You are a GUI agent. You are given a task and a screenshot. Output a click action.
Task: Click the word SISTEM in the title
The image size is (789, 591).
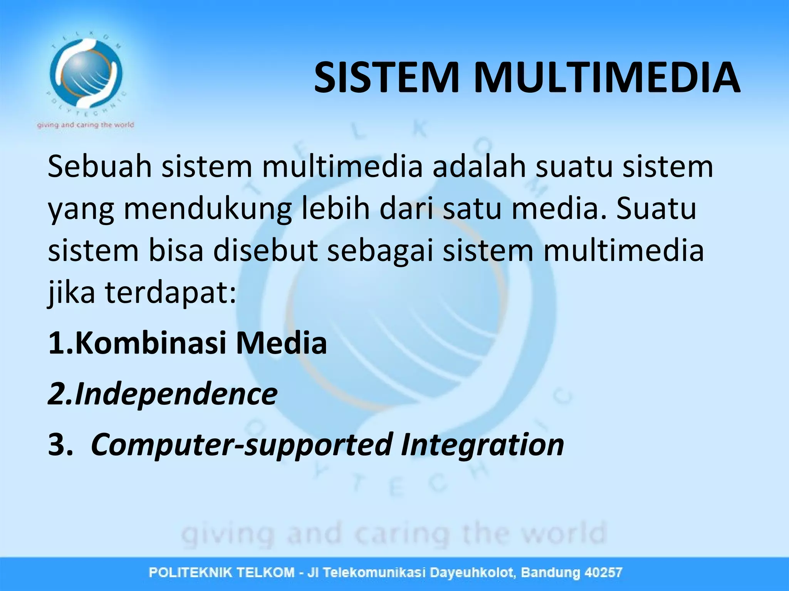(x=387, y=78)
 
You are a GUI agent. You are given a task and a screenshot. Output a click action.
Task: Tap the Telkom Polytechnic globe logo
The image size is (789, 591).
(x=86, y=73)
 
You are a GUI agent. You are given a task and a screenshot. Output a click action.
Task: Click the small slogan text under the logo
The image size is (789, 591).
(x=86, y=125)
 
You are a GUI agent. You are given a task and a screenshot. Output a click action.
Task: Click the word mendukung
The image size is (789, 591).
(x=208, y=209)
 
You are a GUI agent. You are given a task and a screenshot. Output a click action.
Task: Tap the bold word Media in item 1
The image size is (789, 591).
(x=281, y=343)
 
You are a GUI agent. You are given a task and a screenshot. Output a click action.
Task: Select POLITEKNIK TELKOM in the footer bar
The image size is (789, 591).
(x=222, y=573)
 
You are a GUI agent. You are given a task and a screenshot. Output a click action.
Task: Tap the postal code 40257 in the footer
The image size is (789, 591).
(x=603, y=573)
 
